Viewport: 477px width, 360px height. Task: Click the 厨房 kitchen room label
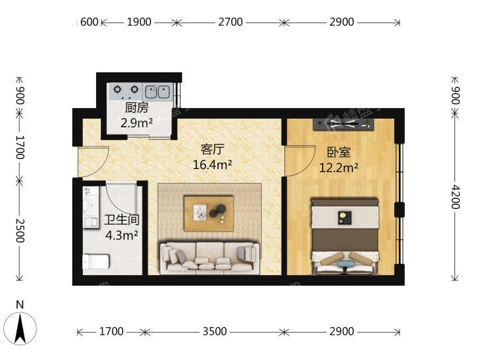136,108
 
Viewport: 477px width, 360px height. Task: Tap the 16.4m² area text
213,164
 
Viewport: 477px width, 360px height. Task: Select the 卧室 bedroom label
339,152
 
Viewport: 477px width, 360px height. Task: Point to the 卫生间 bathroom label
122,219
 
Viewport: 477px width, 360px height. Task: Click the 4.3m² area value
122,235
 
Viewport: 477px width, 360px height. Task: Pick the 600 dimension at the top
89,22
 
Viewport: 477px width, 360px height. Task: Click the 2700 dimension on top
231,22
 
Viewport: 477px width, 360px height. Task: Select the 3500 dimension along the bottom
215,331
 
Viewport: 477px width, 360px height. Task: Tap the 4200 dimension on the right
454,197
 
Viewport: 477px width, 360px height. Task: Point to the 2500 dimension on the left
20,230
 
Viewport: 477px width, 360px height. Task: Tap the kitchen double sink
157,91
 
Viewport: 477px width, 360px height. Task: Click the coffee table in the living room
209,213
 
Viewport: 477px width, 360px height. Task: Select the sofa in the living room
209,258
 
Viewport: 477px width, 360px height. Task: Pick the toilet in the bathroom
96,261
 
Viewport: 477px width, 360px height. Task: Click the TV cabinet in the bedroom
343,124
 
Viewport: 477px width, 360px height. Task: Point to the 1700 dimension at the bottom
111,331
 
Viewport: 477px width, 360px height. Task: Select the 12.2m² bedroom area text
339,167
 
